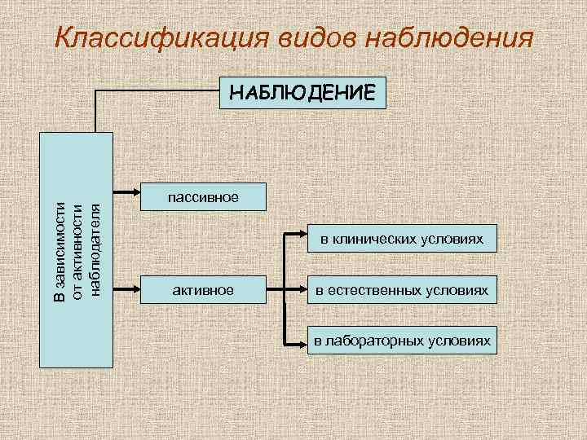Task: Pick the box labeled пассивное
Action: pyautogui.click(x=203, y=196)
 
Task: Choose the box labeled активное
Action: pyautogui.click(x=203, y=290)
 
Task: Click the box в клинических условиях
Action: pyautogui.click(x=401, y=240)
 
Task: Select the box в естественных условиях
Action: pyautogui.click(x=401, y=290)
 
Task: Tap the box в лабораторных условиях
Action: pyautogui.click(x=401, y=341)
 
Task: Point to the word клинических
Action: pyautogui.click(x=382, y=240)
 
